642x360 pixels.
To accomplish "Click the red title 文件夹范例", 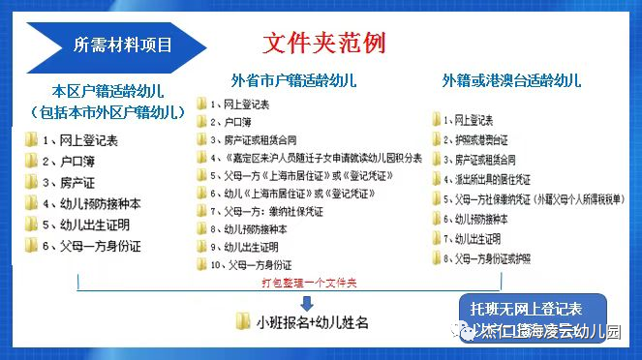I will click(324, 44).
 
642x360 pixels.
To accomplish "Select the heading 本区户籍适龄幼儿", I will click(107, 92).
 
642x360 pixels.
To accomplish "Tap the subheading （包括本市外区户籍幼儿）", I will click(107, 112).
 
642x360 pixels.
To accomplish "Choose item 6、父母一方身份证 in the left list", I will click(91, 247).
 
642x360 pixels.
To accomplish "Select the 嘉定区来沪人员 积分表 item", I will click(316, 158).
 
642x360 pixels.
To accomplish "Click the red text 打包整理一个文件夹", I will click(313, 283).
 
